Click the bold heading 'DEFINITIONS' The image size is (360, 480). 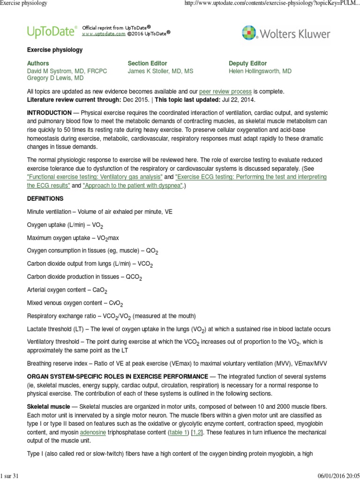coord(45,199)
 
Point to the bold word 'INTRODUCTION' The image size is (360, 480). coord(49,113)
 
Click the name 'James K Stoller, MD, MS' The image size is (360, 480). coord(160,71)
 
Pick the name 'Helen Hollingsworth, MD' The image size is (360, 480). coord(260,71)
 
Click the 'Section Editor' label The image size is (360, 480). coord(147,63)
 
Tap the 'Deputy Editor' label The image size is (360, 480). coord(247,63)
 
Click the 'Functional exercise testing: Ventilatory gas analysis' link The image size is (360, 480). coord(95,177)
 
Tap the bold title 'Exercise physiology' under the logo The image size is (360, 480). coord(55,50)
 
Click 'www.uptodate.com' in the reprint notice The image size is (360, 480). coord(104,34)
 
